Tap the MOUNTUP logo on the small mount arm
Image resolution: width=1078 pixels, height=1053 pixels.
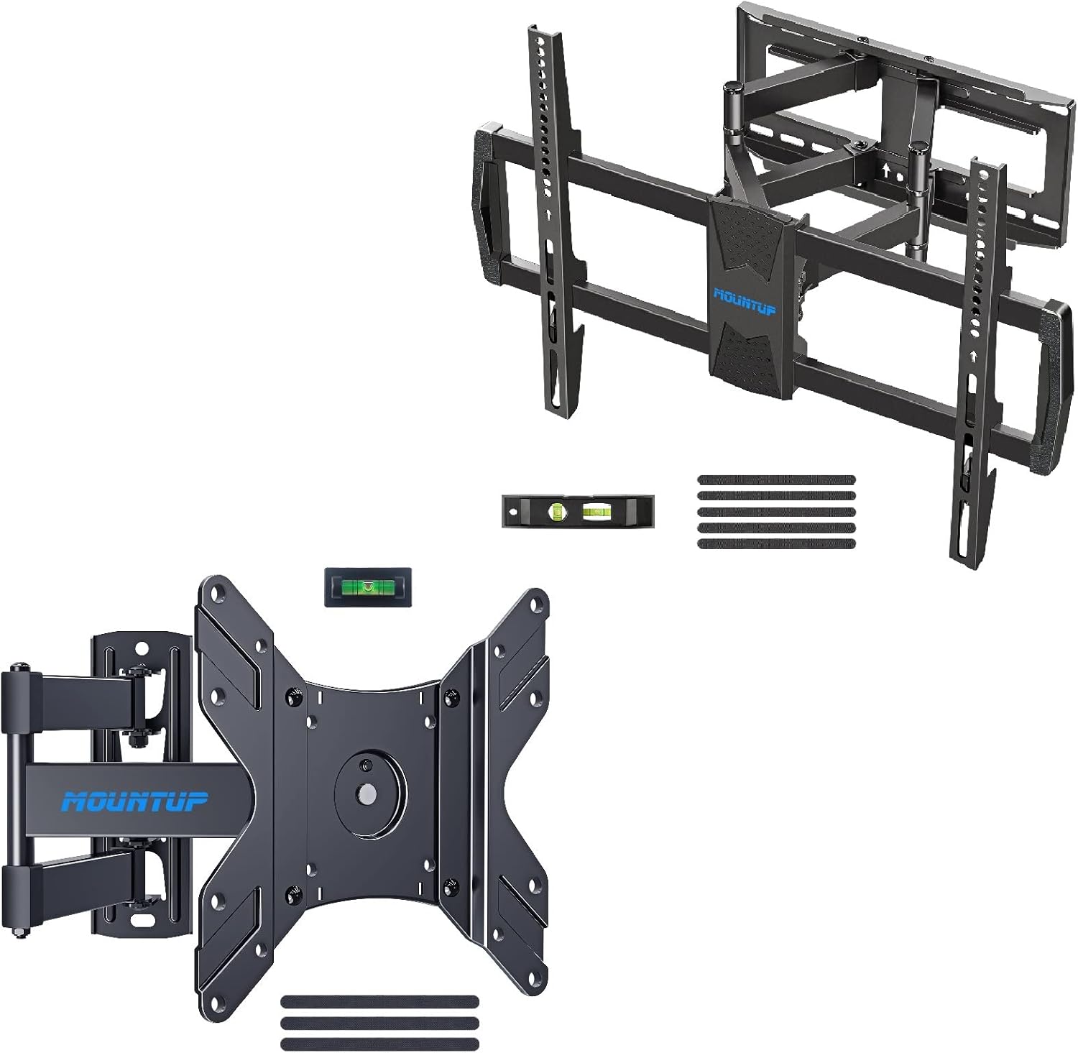tap(134, 801)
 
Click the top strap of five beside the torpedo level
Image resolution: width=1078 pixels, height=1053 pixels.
tap(777, 479)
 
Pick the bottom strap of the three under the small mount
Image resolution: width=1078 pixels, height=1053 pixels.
tap(380, 1043)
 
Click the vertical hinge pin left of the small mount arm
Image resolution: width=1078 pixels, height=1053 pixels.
tap(16, 798)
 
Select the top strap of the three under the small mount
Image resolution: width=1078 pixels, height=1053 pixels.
tap(380, 1000)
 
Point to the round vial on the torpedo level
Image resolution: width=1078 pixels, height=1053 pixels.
tap(555, 511)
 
